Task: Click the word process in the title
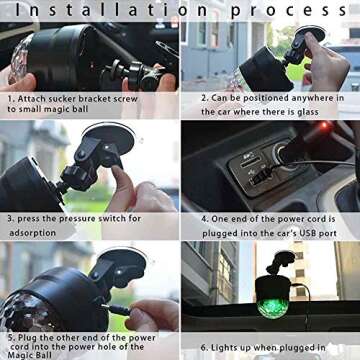coord(289,11)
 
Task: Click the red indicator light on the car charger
coord(323,126)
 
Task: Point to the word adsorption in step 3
coord(32,233)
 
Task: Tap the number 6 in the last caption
coord(203,348)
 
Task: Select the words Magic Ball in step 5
coord(29,355)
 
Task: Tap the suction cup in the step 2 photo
coord(310,32)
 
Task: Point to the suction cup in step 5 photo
coord(122,264)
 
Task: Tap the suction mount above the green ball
coord(281,263)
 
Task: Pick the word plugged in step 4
coord(219,233)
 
